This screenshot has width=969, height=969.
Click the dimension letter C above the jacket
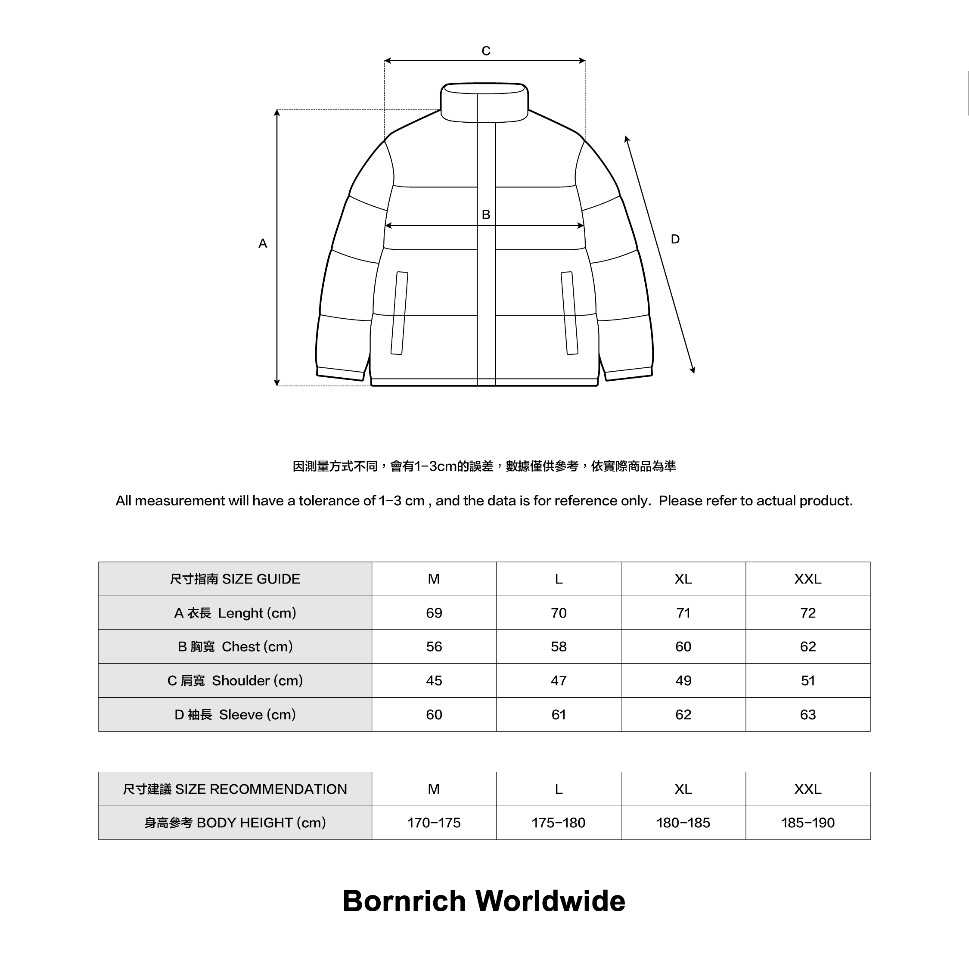point(485,51)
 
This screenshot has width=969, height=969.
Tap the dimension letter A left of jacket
point(262,244)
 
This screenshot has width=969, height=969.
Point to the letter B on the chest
point(485,214)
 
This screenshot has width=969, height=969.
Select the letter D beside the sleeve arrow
point(675,239)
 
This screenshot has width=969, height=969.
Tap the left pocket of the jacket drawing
point(399,314)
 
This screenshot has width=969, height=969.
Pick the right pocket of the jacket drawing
point(569,314)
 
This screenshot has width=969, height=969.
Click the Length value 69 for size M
point(434,613)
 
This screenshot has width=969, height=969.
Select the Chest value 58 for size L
point(558,646)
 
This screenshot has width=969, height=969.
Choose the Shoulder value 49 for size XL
point(683,680)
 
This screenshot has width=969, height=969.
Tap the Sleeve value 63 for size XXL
point(807,715)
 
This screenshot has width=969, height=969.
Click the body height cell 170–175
point(434,823)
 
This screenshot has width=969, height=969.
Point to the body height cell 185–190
point(807,823)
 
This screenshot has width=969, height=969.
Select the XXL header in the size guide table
point(807,579)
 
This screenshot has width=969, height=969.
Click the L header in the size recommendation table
point(558,789)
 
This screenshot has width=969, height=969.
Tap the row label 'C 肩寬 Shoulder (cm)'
point(235,680)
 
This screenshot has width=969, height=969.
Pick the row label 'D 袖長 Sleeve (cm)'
point(235,715)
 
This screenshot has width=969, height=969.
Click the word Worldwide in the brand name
point(550,901)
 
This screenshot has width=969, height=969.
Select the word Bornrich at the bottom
point(404,901)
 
